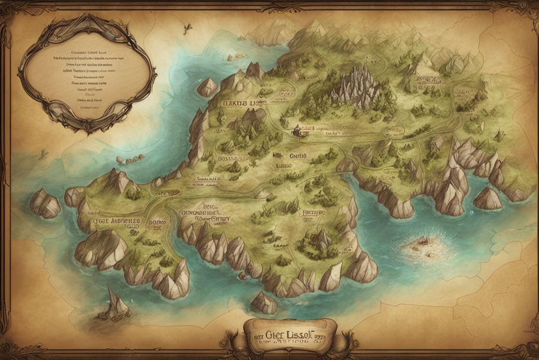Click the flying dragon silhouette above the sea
[188, 27]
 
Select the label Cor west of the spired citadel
[287, 94]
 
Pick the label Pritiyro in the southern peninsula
[314, 212]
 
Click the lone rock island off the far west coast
[44, 203]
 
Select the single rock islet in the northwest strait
[209, 86]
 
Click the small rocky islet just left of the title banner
[264, 302]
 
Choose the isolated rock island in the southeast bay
[488, 198]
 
